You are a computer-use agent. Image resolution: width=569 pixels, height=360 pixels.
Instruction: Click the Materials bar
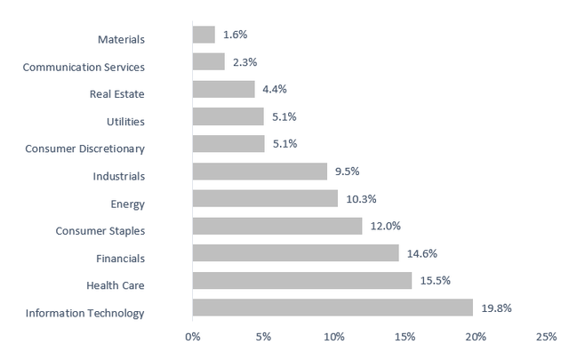click(204, 35)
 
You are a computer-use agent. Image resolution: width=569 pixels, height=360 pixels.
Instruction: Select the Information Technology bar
click(333, 308)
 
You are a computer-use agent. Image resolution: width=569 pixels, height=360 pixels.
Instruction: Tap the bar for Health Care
click(302, 280)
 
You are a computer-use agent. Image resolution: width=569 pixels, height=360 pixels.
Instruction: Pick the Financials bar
click(296, 253)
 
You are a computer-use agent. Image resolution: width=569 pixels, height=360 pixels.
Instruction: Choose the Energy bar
click(265, 198)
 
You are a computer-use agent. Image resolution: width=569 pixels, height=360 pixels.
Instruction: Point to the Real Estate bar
click(223, 89)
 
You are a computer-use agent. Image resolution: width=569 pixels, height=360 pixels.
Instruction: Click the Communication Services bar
click(209, 61)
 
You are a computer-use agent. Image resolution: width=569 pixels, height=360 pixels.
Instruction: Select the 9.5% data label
click(348, 171)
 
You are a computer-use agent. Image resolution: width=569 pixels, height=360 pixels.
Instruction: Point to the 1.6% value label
click(235, 35)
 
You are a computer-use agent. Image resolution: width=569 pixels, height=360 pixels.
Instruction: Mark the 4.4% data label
click(275, 89)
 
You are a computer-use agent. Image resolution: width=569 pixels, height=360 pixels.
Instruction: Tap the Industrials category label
click(118, 176)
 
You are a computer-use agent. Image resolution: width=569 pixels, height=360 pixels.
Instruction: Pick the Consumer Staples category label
click(100, 231)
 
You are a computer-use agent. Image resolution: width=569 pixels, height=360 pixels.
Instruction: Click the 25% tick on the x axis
click(546, 338)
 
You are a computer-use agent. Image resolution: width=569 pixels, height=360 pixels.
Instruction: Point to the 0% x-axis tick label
click(193, 338)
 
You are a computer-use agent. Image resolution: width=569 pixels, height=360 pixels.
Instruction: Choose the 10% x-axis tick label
click(333, 338)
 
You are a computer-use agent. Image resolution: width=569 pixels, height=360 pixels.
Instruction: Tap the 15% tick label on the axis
click(405, 338)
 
